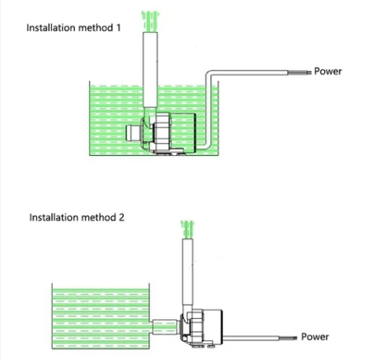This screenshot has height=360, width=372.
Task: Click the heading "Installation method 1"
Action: coord(73,27)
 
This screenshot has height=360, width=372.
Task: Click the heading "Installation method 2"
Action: coord(77,217)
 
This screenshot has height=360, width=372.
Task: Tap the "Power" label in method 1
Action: coord(328,71)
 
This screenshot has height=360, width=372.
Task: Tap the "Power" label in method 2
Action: coord(315,337)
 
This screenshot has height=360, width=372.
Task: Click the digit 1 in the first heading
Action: coord(118,27)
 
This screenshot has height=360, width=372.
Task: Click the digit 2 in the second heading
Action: coord(121,217)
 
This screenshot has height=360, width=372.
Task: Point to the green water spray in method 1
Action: coord(150,21)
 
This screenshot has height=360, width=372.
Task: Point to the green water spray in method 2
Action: coord(187,230)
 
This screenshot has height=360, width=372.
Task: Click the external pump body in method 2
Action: coord(201,328)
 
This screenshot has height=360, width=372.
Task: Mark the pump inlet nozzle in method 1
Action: coord(133,133)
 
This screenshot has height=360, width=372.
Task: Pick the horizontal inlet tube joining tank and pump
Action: coord(164,327)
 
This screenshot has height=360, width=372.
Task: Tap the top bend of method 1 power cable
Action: coord(209,73)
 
